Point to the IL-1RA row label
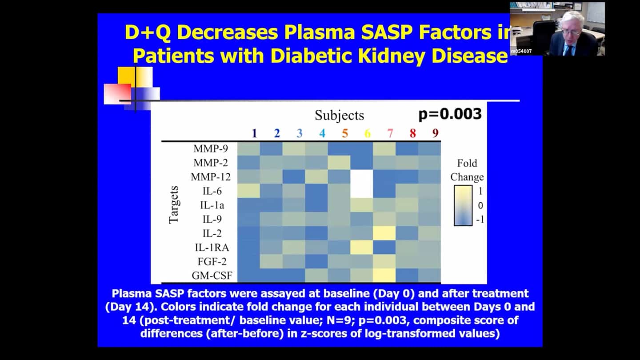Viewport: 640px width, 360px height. point(212,247)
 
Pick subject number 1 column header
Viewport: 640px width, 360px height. point(254,133)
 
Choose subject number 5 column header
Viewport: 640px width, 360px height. point(345,133)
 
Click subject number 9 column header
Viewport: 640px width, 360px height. point(435,133)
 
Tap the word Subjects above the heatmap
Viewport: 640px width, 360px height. point(339,116)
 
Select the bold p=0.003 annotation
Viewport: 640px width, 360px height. point(450,114)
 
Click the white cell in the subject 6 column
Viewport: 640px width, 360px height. point(362,184)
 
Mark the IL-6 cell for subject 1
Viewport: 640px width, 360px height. point(248,191)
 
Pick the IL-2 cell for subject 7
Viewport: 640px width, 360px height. point(384,233)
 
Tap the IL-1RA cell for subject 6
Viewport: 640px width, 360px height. point(362,247)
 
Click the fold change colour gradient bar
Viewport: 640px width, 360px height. point(463,205)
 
